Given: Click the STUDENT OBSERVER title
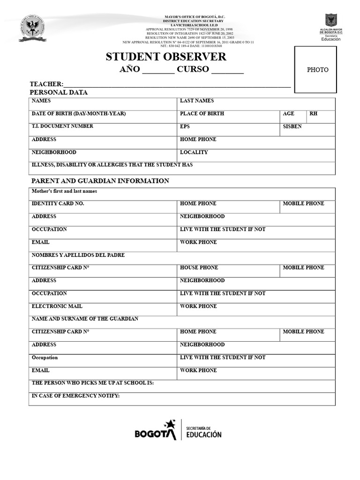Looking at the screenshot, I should pos(166,57).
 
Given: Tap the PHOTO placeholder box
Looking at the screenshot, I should pos(317,70).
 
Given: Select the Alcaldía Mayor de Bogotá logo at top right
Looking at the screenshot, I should pos(330,27).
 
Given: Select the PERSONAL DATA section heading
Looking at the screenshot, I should pos(59,92).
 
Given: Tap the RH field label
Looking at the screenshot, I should pos(313,114).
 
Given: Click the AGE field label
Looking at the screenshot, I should pos(289,114).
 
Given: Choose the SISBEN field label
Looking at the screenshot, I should pos(292,127).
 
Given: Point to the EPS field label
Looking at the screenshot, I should pos(185,127).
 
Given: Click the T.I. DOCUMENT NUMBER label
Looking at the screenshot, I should pos(62,126).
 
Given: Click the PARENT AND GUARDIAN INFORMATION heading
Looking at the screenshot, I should pos(100,181).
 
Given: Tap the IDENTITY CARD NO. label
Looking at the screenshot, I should pos(58,203).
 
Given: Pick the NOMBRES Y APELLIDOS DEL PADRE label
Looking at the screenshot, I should pos(78,255).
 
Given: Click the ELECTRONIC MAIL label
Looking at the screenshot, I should pos(57,306).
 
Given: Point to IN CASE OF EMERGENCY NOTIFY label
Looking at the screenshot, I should pos(75,396).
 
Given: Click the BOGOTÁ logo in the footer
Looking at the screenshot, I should pos(155,430).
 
